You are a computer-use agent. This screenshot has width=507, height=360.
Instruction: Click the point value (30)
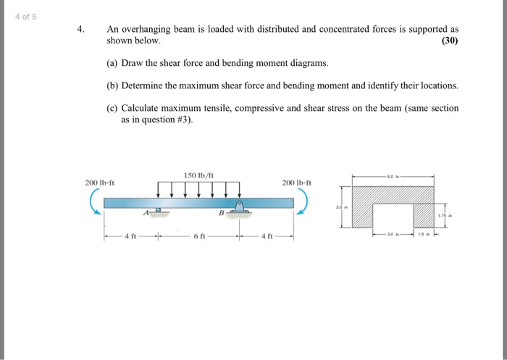449,41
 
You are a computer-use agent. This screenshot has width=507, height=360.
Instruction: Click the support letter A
146,213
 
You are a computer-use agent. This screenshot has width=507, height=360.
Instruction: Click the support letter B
222,213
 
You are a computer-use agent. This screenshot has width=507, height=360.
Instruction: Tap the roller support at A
159,212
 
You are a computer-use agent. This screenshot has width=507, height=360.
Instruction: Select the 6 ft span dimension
198,235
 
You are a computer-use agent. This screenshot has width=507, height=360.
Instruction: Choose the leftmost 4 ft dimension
130,235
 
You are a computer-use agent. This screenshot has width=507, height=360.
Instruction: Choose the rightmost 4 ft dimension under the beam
267,235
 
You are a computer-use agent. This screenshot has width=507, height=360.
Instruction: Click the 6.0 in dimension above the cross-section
392,176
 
